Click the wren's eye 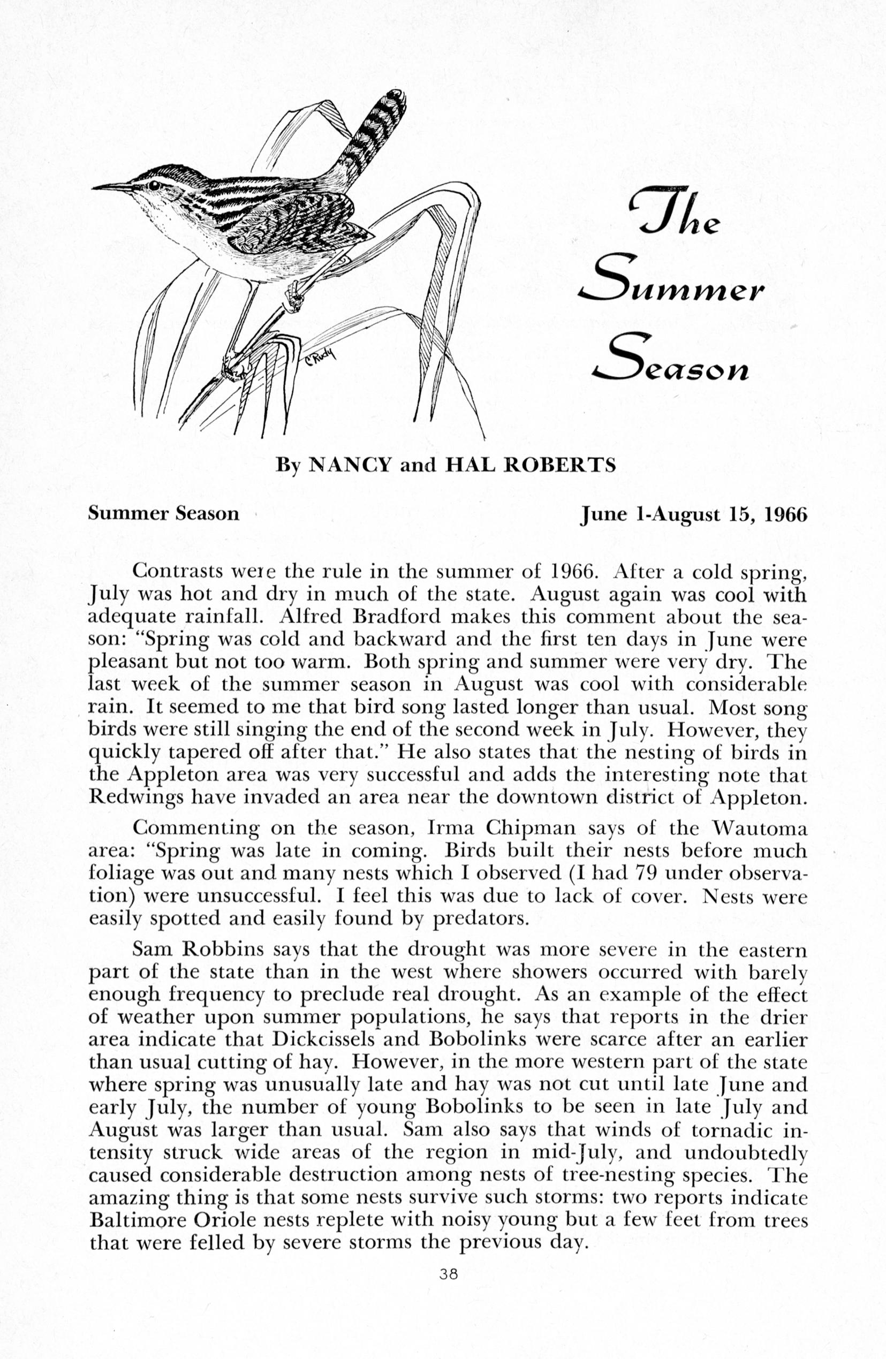tap(154, 185)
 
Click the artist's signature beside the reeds tap(322, 359)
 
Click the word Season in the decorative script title tap(672, 361)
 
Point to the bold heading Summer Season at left tap(163, 514)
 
